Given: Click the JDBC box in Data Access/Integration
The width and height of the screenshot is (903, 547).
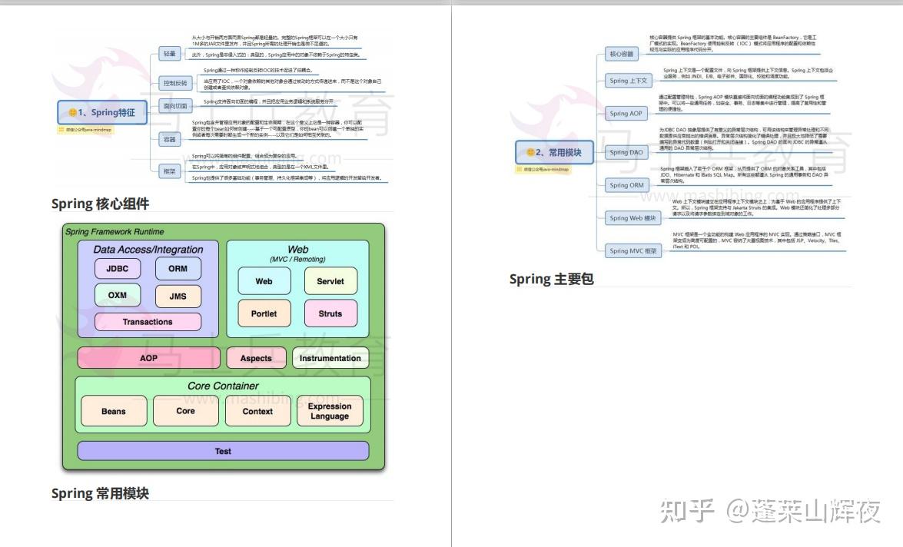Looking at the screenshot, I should pyautogui.click(x=117, y=269).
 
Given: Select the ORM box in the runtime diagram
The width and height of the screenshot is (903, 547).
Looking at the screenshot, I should pyautogui.click(x=178, y=269).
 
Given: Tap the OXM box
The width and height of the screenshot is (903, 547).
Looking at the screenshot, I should pyautogui.click(x=117, y=296).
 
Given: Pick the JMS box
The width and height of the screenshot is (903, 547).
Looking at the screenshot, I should pyautogui.click(x=178, y=297).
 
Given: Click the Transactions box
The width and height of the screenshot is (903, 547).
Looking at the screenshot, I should pyautogui.click(x=148, y=322).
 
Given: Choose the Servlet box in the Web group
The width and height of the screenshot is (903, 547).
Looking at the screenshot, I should pyautogui.click(x=330, y=281).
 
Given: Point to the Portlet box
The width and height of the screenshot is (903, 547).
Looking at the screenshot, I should pyautogui.click(x=264, y=313).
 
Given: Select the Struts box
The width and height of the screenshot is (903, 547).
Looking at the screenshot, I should pyautogui.click(x=330, y=313).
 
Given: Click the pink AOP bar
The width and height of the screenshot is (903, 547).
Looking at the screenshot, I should pyautogui.click(x=148, y=358).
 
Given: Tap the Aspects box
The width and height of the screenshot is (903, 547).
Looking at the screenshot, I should pyautogui.click(x=256, y=358).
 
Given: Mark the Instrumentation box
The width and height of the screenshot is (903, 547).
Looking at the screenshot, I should pyautogui.click(x=330, y=358).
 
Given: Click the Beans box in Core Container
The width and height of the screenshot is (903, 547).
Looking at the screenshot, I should pyautogui.click(x=114, y=411).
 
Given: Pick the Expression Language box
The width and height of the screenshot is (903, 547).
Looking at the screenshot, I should pyautogui.click(x=330, y=411).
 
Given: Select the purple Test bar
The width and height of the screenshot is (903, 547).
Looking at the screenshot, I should pyautogui.click(x=223, y=451).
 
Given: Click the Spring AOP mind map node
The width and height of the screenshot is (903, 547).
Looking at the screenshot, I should pyautogui.click(x=627, y=114).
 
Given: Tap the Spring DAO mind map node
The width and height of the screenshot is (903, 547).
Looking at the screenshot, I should pyautogui.click(x=627, y=152).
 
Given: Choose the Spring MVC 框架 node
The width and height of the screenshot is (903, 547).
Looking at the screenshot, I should pyautogui.click(x=633, y=250).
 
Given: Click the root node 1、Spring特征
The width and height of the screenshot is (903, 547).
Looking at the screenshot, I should pyautogui.click(x=101, y=112).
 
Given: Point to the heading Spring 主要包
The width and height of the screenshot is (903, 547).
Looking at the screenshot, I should pyautogui.click(x=551, y=279).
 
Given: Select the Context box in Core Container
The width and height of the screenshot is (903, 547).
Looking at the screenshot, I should pyautogui.click(x=257, y=411).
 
